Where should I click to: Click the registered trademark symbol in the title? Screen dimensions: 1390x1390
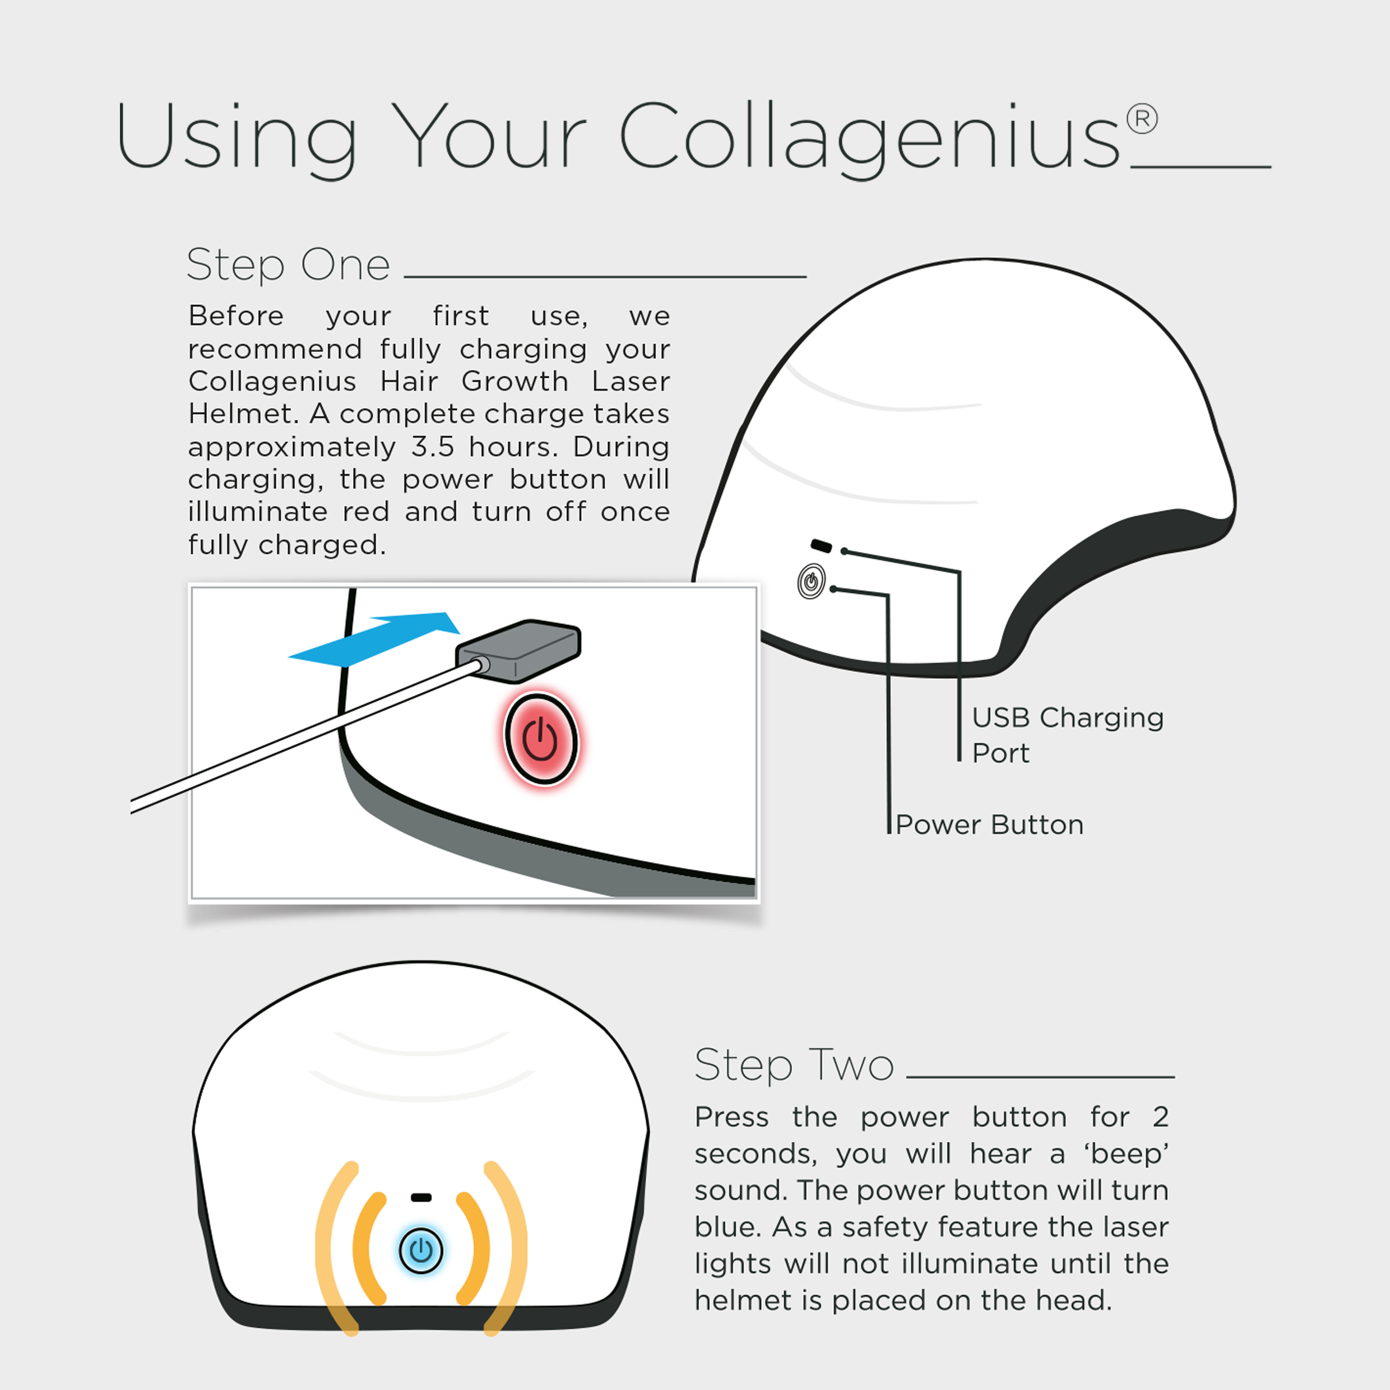[1142, 119]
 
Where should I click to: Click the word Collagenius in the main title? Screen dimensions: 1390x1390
[869, 137]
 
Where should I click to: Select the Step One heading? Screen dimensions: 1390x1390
[288, 265]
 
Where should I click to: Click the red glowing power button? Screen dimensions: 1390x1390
[540, 739]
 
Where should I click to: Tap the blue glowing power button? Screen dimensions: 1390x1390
[421, 1250]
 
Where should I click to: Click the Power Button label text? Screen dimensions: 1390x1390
[989, 824]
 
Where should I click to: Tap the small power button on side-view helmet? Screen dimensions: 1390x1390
[811, 581]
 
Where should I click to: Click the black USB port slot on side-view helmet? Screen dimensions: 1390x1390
[821, 545]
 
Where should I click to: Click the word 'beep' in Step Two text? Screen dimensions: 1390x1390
[1127, 1154]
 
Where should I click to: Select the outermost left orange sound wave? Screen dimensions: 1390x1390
[335, 1248]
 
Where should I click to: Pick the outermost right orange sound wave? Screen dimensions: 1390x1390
[507, 1248]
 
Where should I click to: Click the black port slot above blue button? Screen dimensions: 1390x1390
[421, 1198]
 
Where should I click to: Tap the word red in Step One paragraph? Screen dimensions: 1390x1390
[365, 512]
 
